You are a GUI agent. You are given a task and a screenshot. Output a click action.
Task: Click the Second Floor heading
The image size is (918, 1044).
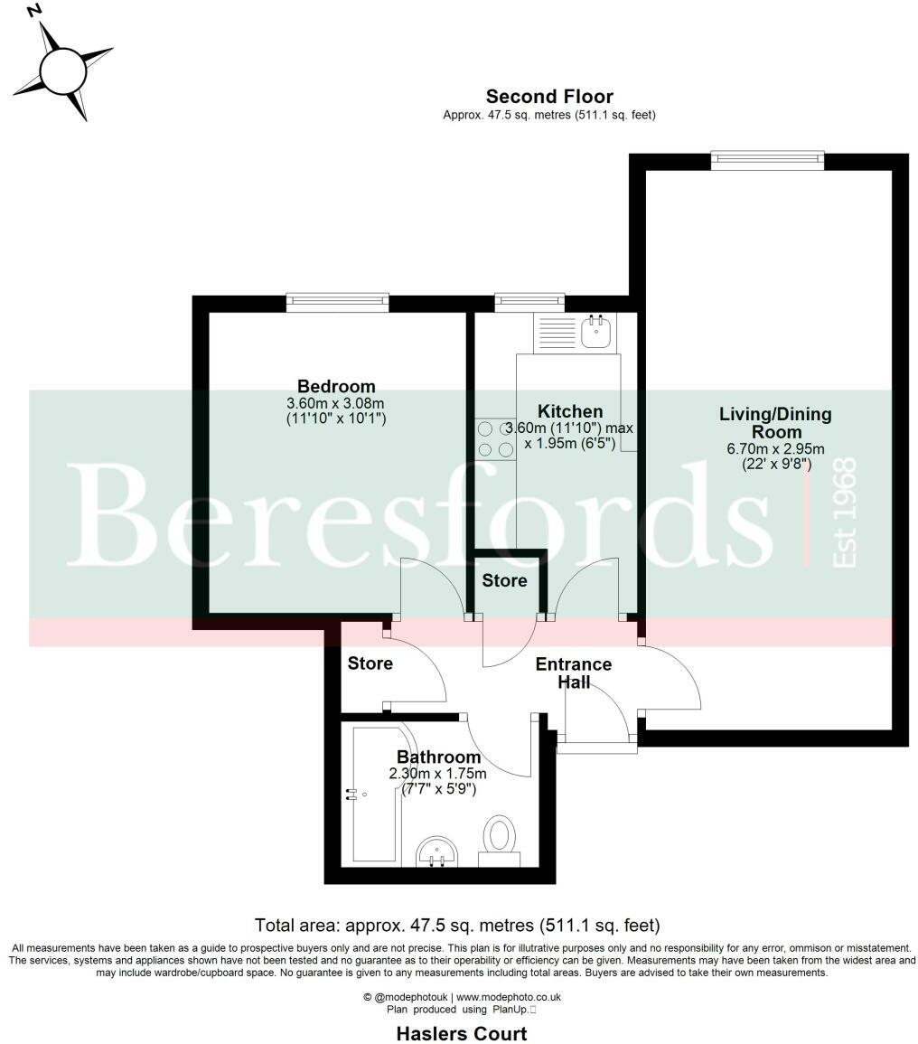[549, 97]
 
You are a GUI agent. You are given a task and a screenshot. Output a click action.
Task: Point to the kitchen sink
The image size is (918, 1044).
[596, 332]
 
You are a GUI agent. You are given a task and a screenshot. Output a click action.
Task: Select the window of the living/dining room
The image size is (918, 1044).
[767, 161]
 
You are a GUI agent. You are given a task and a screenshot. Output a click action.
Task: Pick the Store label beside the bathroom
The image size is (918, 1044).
[370, 663]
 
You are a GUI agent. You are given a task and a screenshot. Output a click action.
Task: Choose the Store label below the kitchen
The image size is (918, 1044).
[504, 580]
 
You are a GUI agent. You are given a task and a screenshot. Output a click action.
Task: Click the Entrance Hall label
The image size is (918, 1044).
[574, 672]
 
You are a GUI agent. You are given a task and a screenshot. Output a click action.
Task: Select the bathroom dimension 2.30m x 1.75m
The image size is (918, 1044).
[438, 774]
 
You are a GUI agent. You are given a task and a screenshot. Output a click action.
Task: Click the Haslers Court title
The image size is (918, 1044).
[461, 1032]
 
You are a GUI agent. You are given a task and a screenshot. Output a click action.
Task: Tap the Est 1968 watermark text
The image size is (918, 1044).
[844, 513]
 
